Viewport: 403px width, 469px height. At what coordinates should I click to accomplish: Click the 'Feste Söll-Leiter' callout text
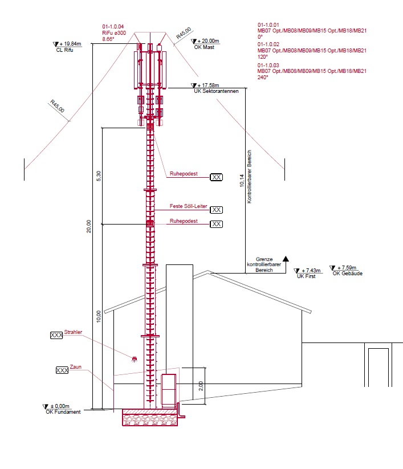189,206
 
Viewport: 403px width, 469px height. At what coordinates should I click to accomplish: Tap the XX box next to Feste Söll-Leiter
216,210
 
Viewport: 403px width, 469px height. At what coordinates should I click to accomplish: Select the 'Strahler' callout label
73,332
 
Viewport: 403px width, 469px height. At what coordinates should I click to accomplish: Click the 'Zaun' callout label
76,366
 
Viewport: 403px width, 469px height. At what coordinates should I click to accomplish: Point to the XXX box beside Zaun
62,370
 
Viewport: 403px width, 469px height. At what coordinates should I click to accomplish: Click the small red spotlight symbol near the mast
135,358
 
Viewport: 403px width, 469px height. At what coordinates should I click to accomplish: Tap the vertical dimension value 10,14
242,181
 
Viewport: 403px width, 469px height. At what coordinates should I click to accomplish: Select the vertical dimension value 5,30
99,176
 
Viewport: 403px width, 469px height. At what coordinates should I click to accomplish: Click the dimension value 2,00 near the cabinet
201,386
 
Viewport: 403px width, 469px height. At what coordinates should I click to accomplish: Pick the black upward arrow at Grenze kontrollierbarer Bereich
286,259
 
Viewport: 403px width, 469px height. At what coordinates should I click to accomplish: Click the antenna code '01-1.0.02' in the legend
268,44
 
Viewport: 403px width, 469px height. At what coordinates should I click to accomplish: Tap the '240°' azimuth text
263,77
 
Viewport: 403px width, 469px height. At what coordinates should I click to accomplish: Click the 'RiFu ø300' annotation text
114,33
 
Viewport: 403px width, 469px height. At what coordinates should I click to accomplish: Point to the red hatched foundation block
150,418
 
